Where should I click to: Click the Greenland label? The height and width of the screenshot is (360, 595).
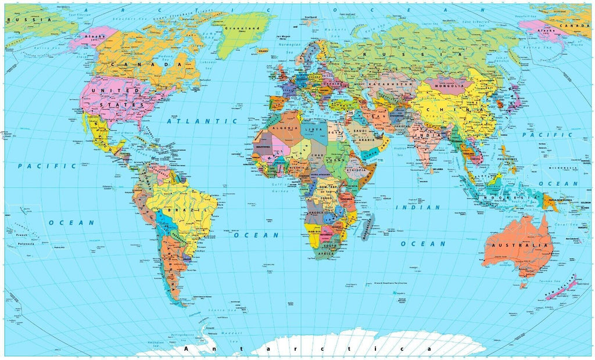(245, 28)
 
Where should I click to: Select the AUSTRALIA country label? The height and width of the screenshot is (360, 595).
(519, 246)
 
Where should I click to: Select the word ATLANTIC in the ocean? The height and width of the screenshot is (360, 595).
(202, 121)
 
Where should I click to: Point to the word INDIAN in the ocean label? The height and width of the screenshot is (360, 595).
(418, 207)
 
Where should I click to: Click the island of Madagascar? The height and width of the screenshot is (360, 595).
(366, 226)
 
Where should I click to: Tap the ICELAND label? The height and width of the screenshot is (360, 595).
(264, 51)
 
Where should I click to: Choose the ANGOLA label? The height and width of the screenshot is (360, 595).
(314, 213)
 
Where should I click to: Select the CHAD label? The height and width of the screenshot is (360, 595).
(317, 156)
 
